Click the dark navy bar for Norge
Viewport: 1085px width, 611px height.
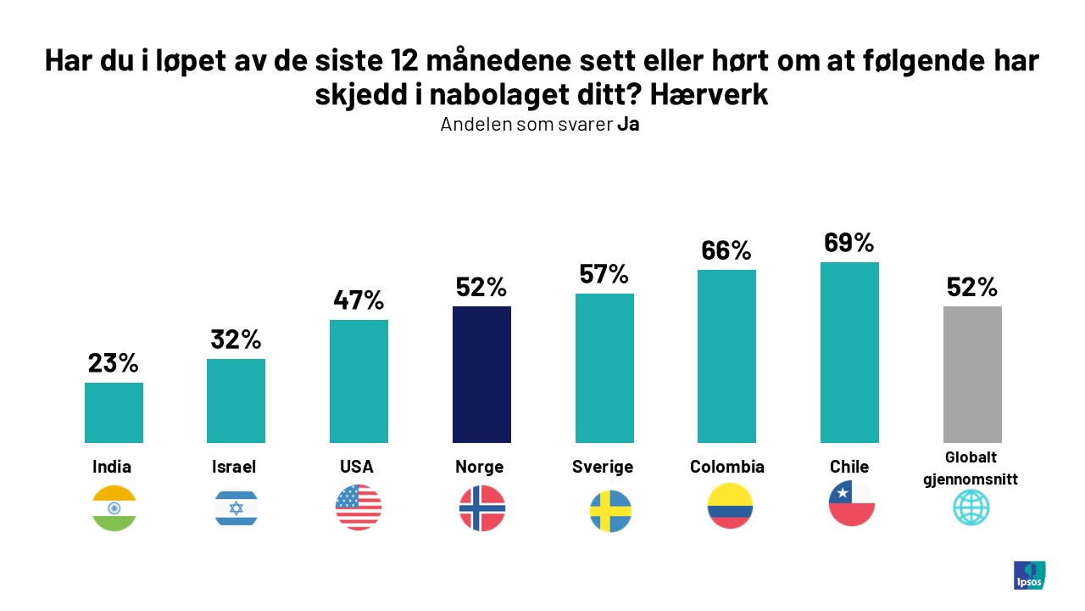[x=481, y=374]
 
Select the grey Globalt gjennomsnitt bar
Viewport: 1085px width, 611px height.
[x=972, y=374]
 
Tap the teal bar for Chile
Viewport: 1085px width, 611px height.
[x=849, y=352]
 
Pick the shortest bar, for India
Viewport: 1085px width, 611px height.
[x=114, y=412]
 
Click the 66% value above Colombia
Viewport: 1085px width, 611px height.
[x=726, y=250]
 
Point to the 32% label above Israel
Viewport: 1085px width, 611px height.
[x=236, y=339]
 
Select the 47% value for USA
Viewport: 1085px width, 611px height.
[x=359, y=300]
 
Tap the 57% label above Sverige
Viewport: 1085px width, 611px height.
[x=604, y=274]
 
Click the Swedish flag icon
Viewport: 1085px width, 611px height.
[x=610, y=511]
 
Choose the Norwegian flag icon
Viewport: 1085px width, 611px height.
[x=481, y=509]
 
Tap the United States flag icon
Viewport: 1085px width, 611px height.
[x=359, y=507]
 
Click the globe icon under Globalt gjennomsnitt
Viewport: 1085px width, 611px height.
[x=971, y=507]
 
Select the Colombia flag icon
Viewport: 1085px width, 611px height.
[x=730, y=506]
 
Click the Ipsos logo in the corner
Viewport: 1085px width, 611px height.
[x=1029, y=575]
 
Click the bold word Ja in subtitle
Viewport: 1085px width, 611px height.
[x=627, y=125]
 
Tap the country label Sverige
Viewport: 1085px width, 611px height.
[x=603, y=467]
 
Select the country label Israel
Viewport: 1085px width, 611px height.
[x=234, y=467]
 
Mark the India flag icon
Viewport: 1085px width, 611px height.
[x=114, y=507]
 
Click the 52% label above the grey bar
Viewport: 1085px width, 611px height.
[x=972, y=287]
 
